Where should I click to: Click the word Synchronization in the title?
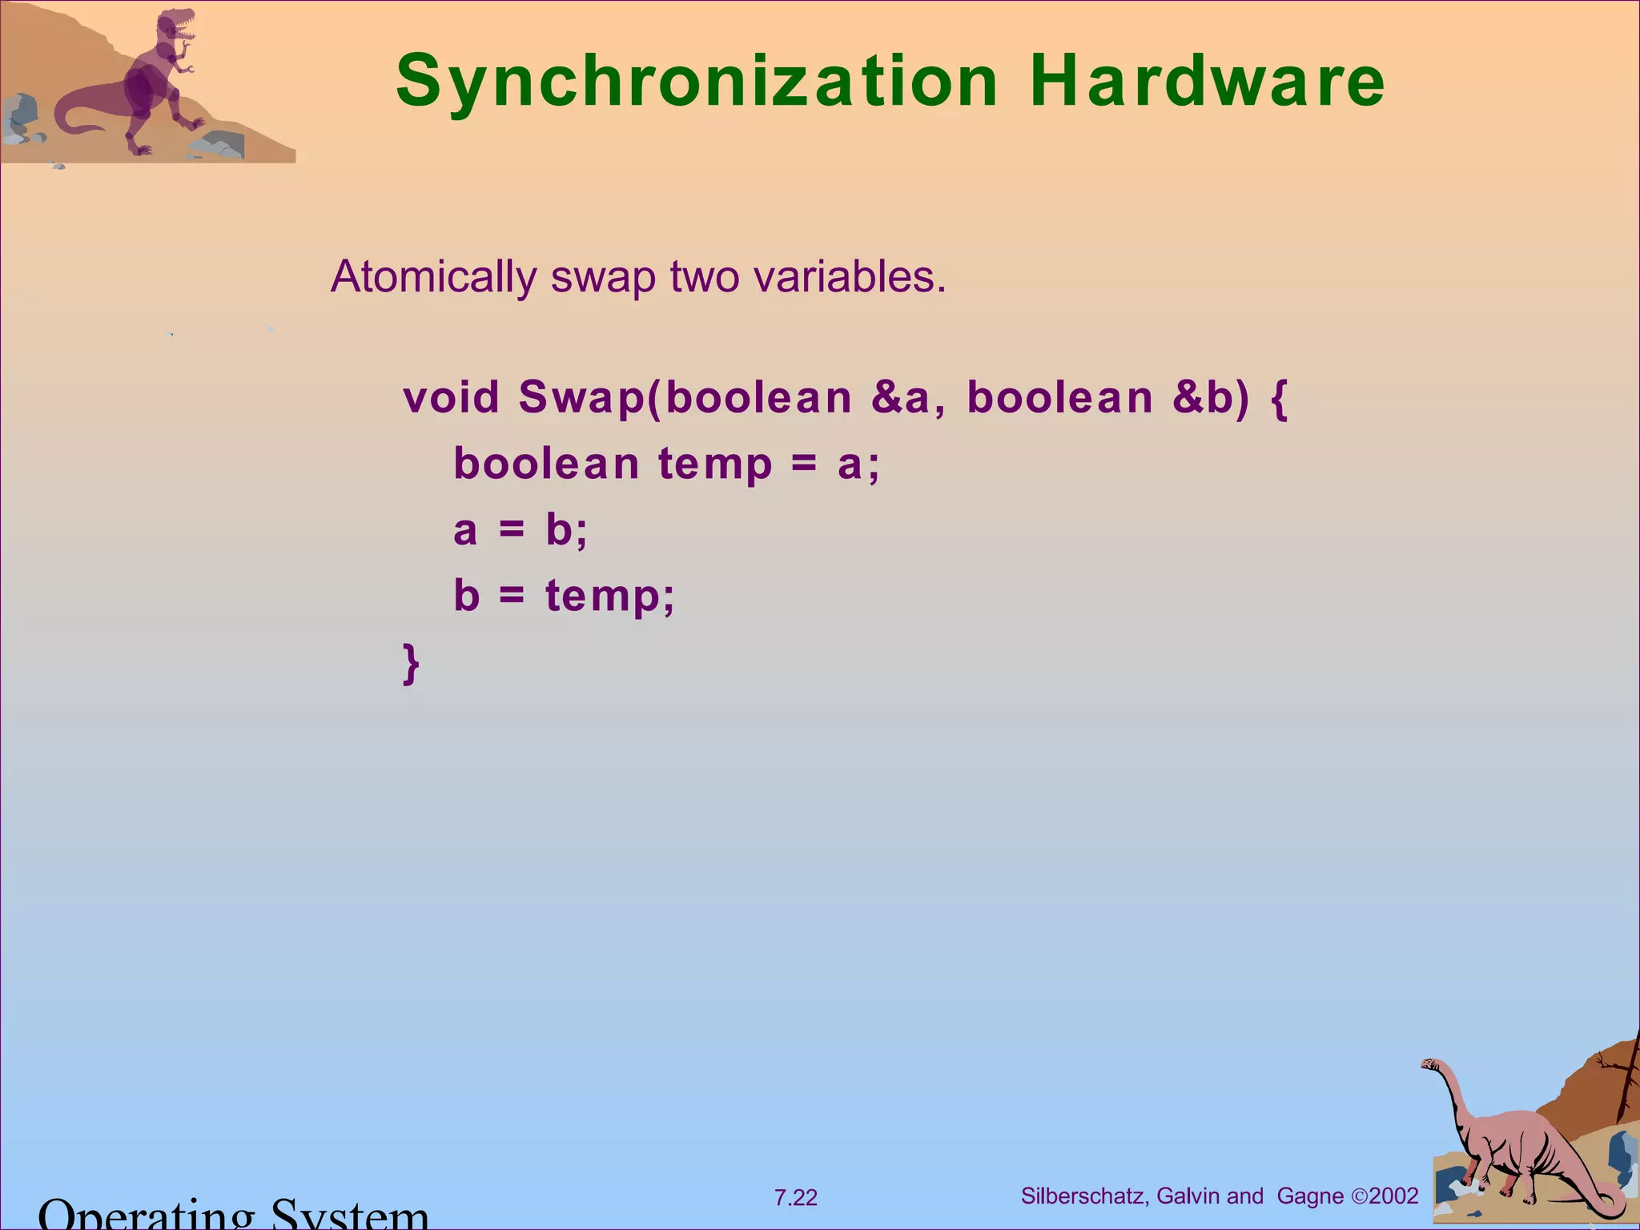(697, 81)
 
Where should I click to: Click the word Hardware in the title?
(1208, 81)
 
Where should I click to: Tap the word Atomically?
(433, 277)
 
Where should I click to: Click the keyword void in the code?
(451, 397)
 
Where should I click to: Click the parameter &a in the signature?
(900, 397)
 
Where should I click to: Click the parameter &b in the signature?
(1203, 397)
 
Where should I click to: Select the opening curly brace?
(1279, 399)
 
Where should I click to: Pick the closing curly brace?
(411, 663)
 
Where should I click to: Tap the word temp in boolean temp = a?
(715, 464)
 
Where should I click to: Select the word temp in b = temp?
(610, 597)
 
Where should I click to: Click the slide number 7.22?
(795, 1198)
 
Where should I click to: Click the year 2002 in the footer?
(1393, 1196)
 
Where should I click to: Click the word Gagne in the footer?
(1310, 1196)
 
